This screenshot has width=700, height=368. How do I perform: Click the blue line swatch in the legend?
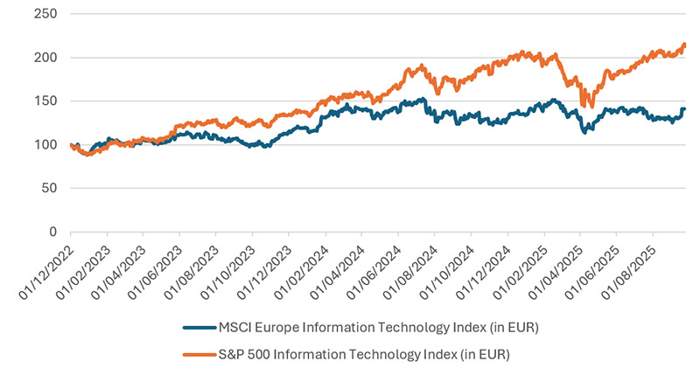200,330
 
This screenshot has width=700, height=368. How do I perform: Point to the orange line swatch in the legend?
200,354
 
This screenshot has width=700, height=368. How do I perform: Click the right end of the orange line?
684,45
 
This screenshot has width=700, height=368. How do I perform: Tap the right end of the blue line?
684,109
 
